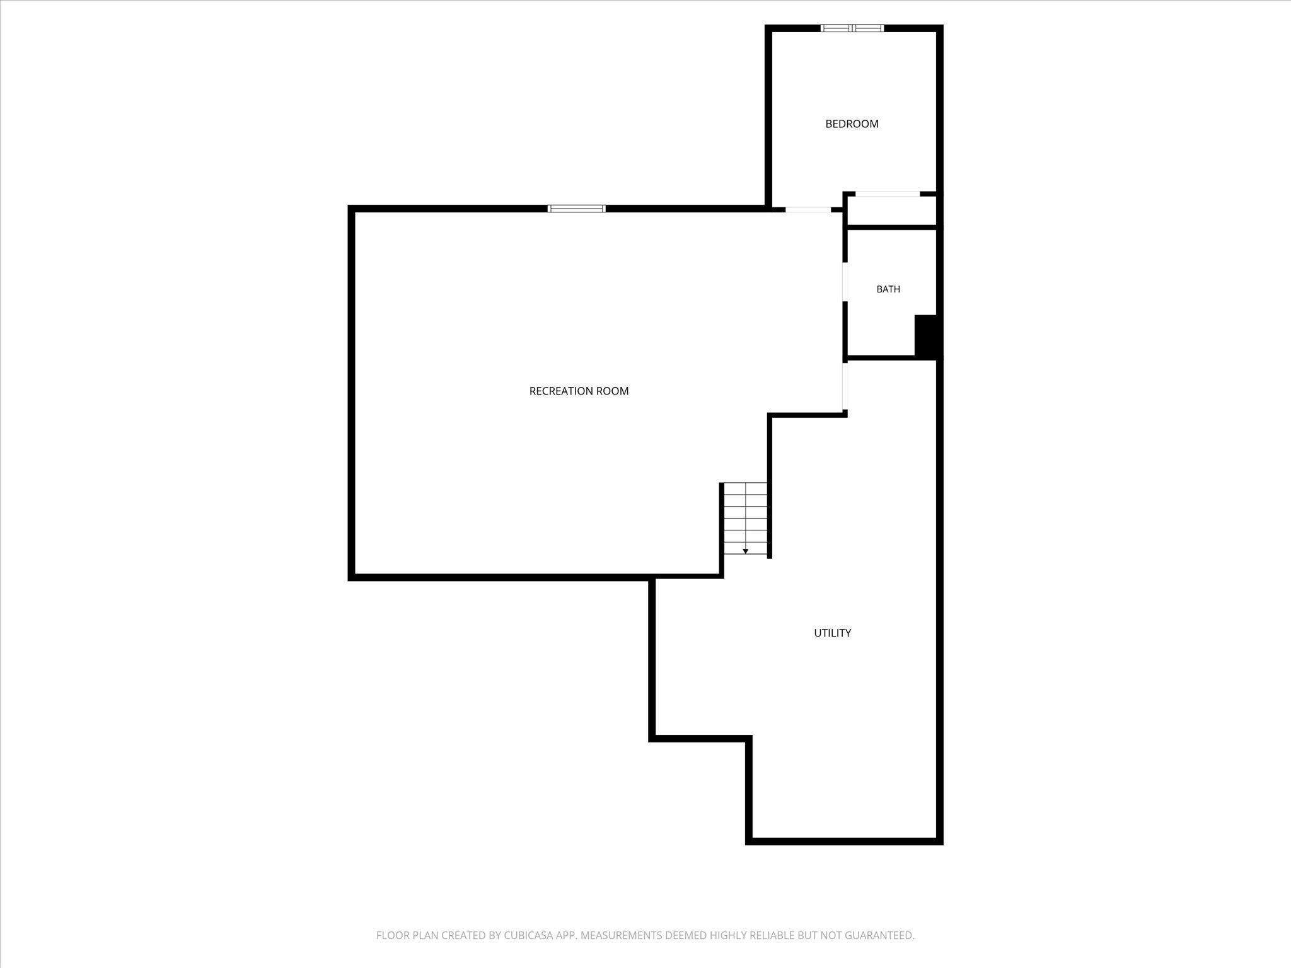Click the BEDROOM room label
[x=852, y=124]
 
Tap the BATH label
[x=888, y=289]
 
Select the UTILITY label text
[x=832, y=633]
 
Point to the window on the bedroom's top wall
[x=852, y=28]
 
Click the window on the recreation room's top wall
[x=577, y=209]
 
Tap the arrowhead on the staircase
[x=745, y=551]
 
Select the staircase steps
[x=745, y=519]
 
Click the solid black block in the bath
[x=925, y=336]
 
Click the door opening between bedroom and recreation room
[x=808, y=209]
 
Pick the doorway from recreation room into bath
[x=845, y=282]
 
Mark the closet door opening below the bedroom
[x=888, y=194]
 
